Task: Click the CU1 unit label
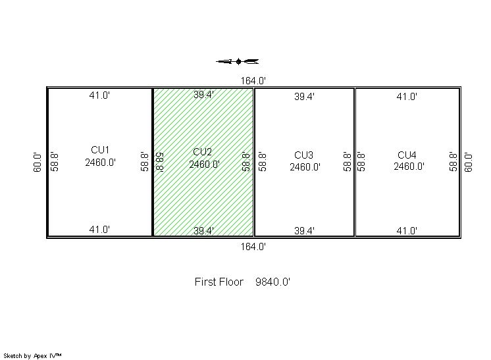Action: [100, 150]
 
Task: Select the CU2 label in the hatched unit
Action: [202, 152]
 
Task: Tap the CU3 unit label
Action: [303, 155]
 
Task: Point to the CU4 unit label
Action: [407, 155]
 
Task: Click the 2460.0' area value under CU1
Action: [101, 163]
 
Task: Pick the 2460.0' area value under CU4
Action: [409, 167]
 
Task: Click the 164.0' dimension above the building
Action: [253, 81]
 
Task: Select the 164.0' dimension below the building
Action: [253, 247]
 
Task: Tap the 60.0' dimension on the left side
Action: [38, 162]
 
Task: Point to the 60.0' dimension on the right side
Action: [469, 162]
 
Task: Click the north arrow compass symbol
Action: [238, 61]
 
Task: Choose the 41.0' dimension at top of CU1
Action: [99, 95]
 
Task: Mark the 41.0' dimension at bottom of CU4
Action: [407, 231]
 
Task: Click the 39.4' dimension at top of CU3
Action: [304, 97]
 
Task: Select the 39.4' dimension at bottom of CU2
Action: [203, 231]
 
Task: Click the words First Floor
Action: [219, 282]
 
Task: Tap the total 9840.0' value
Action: [272, 282]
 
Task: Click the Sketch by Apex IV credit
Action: [32, 355]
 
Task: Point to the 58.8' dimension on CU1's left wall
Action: [55, 162]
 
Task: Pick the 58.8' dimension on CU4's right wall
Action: [453, 162]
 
